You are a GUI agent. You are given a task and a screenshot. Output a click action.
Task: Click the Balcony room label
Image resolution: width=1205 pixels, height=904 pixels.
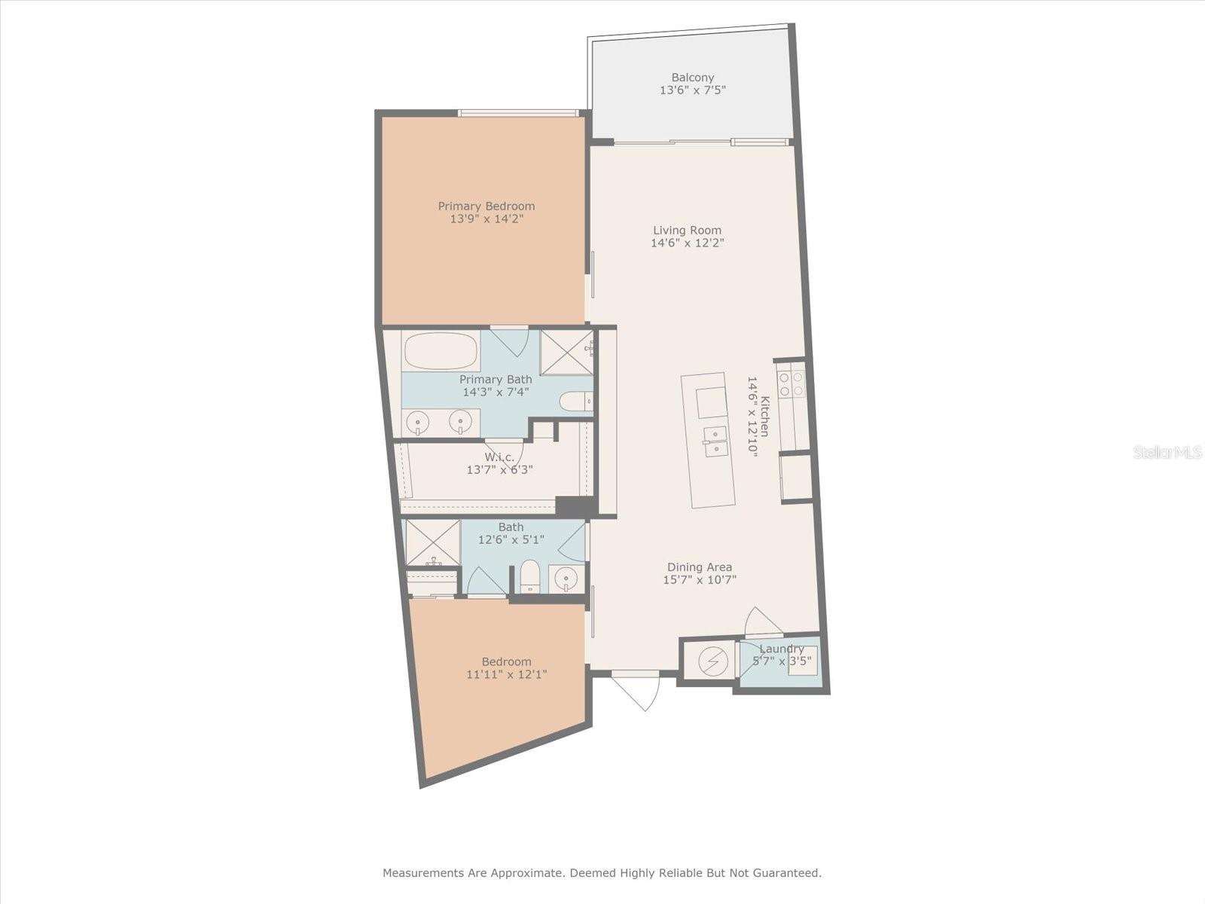(693, 78)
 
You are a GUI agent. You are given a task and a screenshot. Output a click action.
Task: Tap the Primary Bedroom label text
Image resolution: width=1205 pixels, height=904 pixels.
(487, 206)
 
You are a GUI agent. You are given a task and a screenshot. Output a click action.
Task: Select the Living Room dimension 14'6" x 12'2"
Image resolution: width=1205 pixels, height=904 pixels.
(688, 243)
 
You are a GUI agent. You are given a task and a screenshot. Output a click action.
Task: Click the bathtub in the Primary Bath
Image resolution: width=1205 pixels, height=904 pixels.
(441, 351)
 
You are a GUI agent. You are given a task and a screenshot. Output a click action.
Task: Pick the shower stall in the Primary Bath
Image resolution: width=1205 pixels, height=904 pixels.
(567, 353)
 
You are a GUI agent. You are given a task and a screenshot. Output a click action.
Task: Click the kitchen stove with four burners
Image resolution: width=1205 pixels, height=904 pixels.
(792, 383)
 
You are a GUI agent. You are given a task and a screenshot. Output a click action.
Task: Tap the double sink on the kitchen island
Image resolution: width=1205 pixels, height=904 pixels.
(715, 441)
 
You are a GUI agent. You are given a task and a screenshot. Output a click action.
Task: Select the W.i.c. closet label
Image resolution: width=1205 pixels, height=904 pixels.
(499, 457)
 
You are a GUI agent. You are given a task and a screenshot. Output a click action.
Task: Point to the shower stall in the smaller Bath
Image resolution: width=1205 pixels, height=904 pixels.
(432, 542)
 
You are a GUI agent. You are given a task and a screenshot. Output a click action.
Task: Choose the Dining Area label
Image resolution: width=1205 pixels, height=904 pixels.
(700, 567)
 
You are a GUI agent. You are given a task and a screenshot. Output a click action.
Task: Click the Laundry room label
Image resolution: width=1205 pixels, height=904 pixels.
(782, 649)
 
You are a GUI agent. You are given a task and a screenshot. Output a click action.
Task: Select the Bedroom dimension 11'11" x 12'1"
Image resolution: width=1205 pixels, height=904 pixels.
(507, 674)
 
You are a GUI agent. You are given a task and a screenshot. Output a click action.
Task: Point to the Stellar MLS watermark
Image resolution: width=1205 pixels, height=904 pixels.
(1167, 452)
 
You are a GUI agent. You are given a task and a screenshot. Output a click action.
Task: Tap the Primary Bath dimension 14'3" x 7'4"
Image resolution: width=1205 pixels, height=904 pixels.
(496, 392)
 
